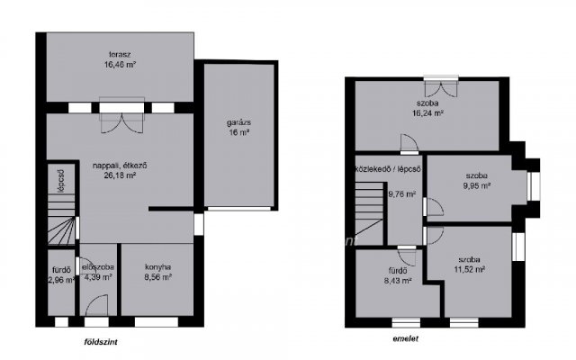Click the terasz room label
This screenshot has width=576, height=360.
click(120, 55)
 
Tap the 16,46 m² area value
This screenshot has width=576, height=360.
click(120, 65)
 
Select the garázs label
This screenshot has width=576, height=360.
click(238, 122)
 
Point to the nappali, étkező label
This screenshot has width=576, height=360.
click(120, 166)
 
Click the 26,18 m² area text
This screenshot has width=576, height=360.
click(120, 176)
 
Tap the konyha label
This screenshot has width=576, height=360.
click(158, 267)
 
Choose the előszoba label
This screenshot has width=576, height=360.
click(98, 267)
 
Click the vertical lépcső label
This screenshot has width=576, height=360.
click(61, 180)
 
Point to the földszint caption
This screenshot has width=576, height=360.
click(101, 342)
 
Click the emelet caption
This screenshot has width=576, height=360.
click(406, 338)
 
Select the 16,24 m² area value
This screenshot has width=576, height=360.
click(427, 113)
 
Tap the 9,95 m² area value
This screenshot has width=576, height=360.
click(477, 185)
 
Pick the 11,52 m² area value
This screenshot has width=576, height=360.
click(469, 269)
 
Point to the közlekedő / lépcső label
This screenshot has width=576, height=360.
click(388, 169)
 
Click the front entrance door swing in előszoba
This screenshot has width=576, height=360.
click(97, 305)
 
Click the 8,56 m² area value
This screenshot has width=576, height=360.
click(158, 277)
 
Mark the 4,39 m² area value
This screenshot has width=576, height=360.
click(98, 277)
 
